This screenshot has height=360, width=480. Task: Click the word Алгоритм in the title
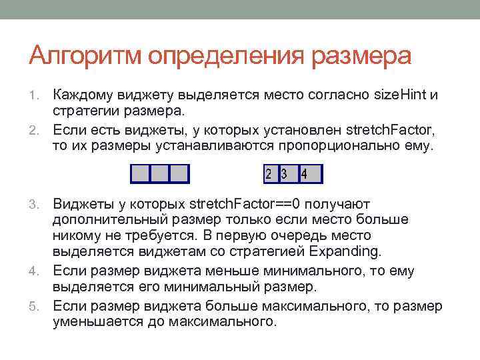[85, 56]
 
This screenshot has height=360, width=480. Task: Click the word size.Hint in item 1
[399, 95]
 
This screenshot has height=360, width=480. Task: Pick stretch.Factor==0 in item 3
[246, 203]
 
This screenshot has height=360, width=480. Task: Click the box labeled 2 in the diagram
[269, 175]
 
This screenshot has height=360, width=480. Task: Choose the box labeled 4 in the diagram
[310, 175]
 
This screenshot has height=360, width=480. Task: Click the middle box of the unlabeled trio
[160, 175]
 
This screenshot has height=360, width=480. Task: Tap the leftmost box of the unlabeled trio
[141, 175]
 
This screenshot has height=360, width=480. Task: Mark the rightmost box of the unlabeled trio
[179, 175]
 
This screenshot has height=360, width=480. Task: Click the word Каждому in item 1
[82, 95]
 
